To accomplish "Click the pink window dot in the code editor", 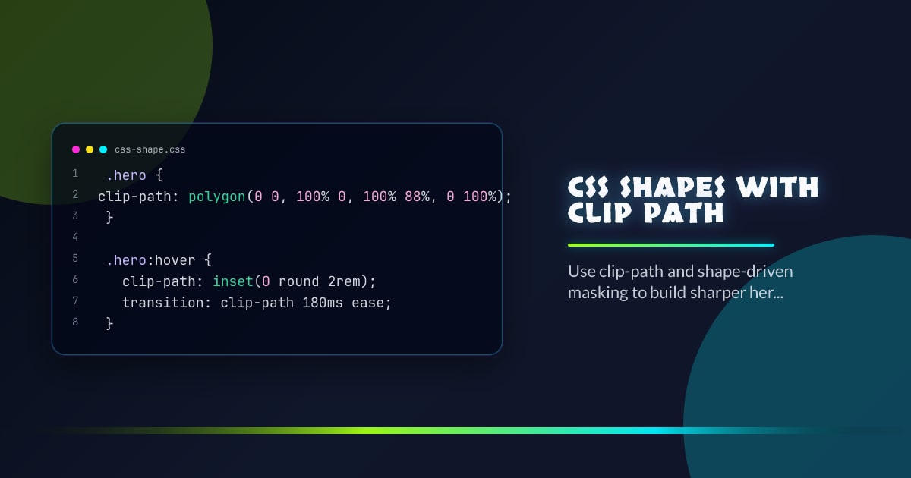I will coord(75,149).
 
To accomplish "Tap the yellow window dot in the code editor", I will coord(89,149).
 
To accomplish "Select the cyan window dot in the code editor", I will coord(102,149).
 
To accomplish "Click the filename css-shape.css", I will coord(150,149).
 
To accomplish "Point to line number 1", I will coord(75,174).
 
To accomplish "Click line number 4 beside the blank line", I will coord(75,237).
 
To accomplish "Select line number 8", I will coord(75,322).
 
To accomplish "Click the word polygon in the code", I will coord(218,197).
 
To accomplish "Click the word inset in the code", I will coord(233,281).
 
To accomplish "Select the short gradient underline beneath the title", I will coord(670,245).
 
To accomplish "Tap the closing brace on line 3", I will coord(109,217).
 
